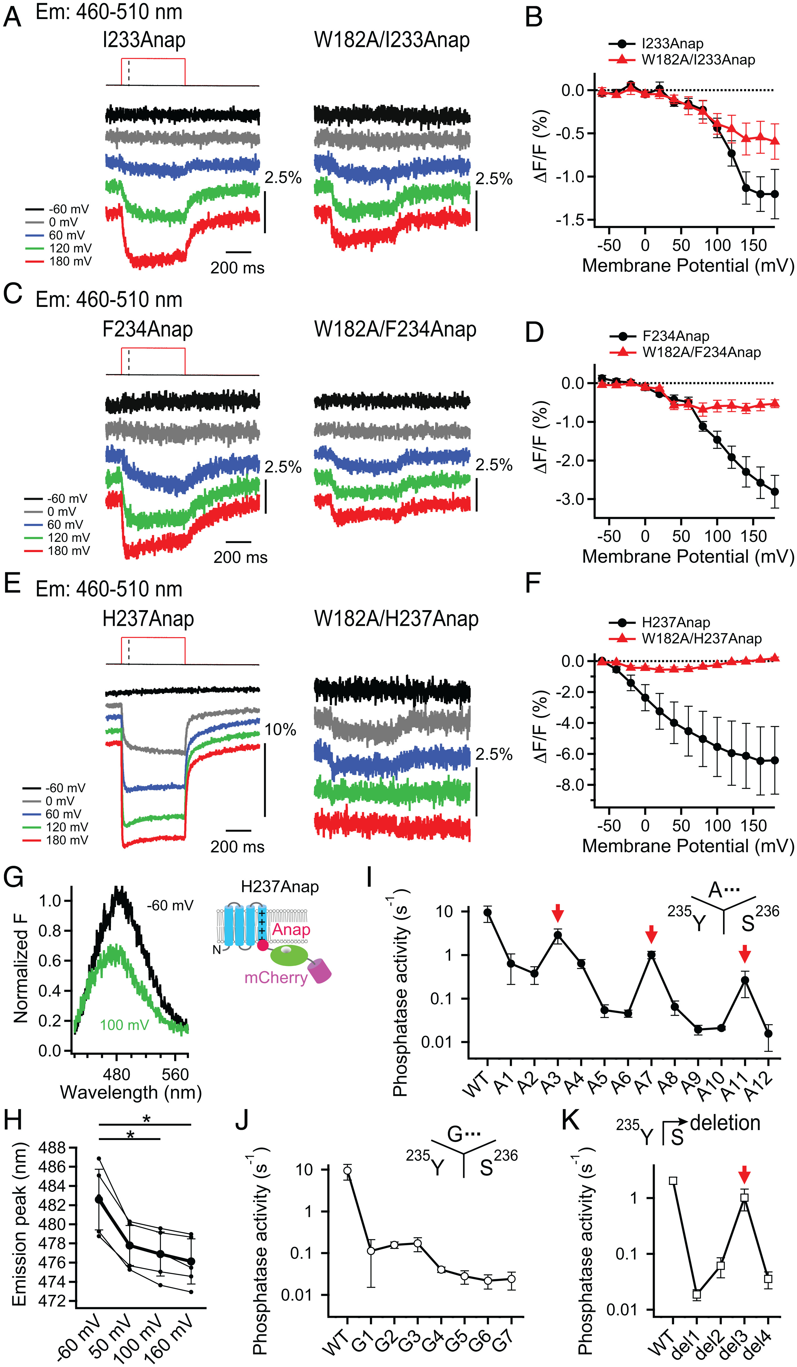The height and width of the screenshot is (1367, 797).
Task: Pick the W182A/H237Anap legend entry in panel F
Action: point(701,639)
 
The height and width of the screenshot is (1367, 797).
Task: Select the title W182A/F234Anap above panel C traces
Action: point(395,329)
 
